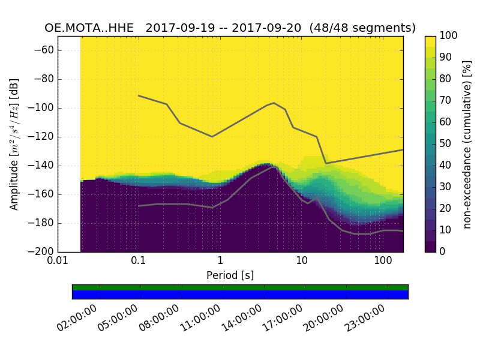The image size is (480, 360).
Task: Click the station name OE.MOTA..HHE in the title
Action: (91, 28)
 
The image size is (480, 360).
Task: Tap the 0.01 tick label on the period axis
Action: (58, 262)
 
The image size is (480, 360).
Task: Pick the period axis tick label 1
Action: (220, 262)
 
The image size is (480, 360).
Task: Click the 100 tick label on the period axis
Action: (383, 262)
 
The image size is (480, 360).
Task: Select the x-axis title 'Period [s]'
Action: (230, 275)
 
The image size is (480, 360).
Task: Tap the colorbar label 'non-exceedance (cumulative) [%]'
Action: (468, 144)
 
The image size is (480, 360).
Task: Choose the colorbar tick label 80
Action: (447, 79)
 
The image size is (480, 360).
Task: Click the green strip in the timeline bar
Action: (240, 287)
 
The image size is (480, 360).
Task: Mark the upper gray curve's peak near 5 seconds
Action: (274, 103)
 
